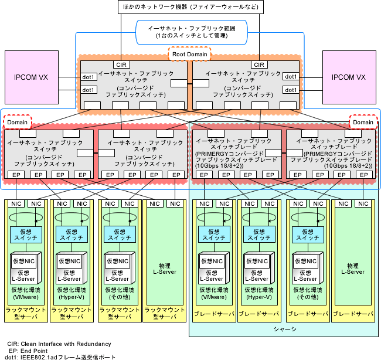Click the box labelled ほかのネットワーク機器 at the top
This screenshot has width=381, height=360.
coord(190,8)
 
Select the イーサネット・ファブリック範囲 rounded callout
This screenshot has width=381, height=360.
coord(190,32)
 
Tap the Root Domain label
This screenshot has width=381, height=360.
coord(191,55)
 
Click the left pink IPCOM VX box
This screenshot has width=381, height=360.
coord(30,77)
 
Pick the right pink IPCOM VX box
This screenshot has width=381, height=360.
coord(349,77)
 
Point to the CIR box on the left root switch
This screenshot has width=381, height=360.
coord(121,64)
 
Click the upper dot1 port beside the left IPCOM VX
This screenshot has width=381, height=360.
coord(88,77)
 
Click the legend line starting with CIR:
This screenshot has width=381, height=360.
coord(59,344)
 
